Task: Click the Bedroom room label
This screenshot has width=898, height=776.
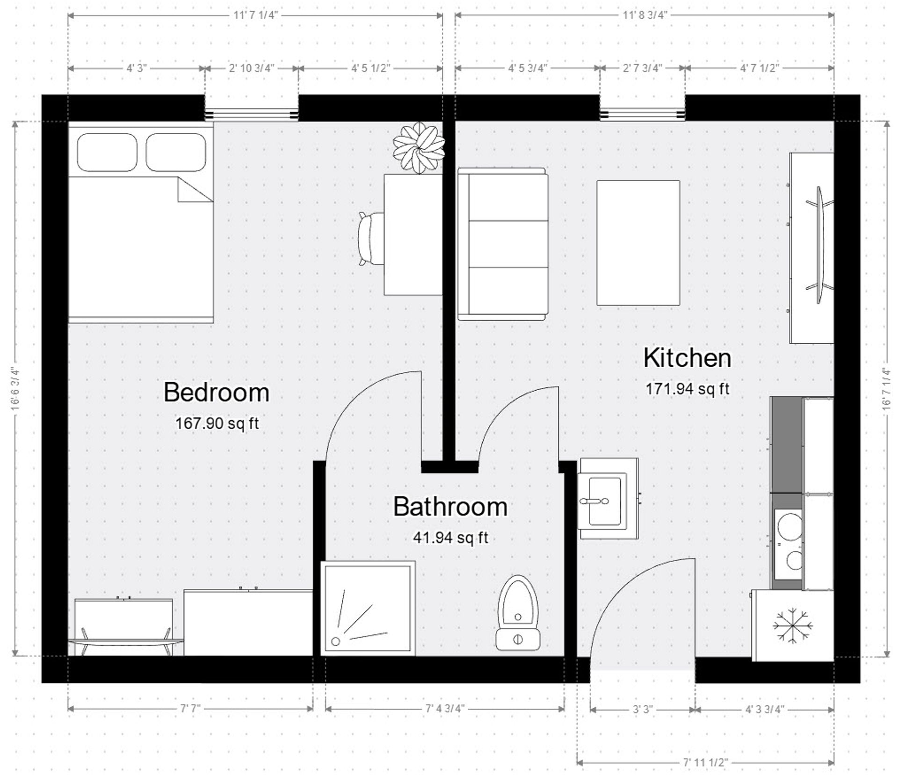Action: click(216, 392)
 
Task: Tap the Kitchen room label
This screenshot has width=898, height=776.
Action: click(687, 358)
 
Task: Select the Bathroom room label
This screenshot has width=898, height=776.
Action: click(450, 507)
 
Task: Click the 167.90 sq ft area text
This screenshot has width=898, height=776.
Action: click(217, 424)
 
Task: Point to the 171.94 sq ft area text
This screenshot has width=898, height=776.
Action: click(687, 389)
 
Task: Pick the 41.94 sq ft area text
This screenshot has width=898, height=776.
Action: click(450, 538)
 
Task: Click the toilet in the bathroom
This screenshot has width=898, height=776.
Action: click(518, 613)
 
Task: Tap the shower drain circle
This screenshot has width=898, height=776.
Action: click(335, 642)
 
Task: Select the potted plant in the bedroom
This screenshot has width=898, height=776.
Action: click(419, 147)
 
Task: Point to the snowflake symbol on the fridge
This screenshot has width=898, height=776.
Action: click(792, 625)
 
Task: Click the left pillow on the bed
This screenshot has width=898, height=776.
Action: click(107, 152)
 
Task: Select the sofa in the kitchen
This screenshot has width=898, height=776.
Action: click(503, 244)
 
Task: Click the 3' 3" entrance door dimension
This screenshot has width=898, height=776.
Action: click(643, 710)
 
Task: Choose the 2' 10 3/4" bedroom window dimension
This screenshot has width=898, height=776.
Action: click(252, 68)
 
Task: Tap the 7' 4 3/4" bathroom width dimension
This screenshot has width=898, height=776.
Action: click(445, 709)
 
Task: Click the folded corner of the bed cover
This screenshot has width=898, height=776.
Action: click(193, 191)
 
